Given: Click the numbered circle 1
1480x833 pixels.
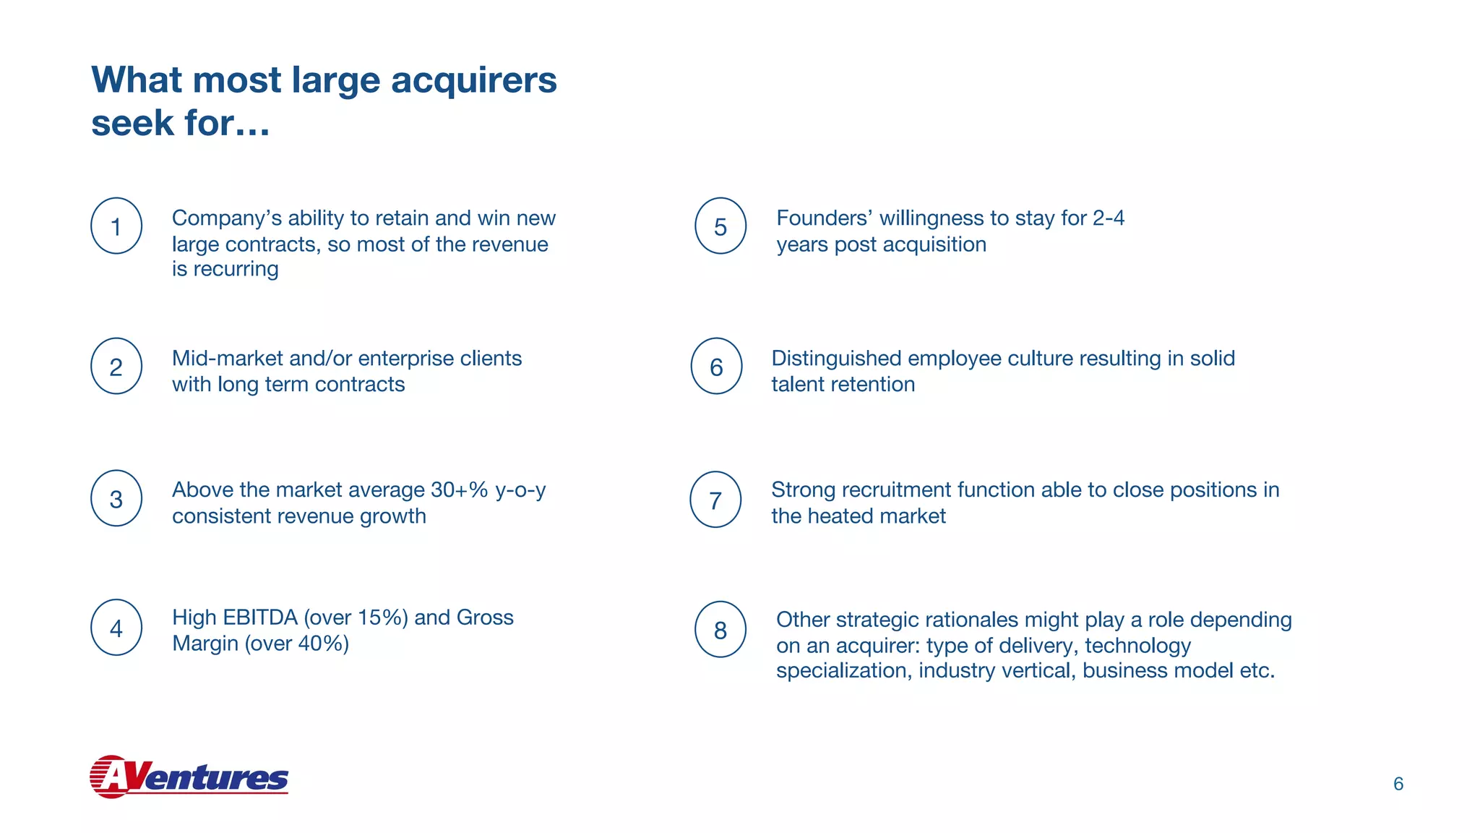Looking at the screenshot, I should pos(116,226).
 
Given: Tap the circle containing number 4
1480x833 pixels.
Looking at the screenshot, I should pos(116,628).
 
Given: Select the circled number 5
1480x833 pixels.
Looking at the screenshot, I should pos(720,226).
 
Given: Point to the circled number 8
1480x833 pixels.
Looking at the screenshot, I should pos(720,630).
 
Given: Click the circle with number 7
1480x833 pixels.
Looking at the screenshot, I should pos(715,500).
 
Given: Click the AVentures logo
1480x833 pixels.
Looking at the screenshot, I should pos(189,777).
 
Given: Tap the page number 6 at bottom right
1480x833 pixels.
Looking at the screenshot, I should pos(1398,784).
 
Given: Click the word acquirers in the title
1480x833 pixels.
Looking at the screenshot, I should pos(474,81).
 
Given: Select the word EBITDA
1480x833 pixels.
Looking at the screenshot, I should pos(261,618).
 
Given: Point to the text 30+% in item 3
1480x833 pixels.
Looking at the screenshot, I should pos(460,490).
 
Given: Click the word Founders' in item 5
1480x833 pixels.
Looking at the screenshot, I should pos(824,218).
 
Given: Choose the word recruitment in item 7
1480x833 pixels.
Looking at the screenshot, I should pos(896,490).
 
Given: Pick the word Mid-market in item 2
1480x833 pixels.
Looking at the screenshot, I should pos(227,359).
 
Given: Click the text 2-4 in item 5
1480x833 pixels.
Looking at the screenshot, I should pos(1109,218).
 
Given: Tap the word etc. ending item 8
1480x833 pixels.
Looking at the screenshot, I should pos(1257,671).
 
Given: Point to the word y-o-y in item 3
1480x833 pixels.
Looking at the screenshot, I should pos(520,491).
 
